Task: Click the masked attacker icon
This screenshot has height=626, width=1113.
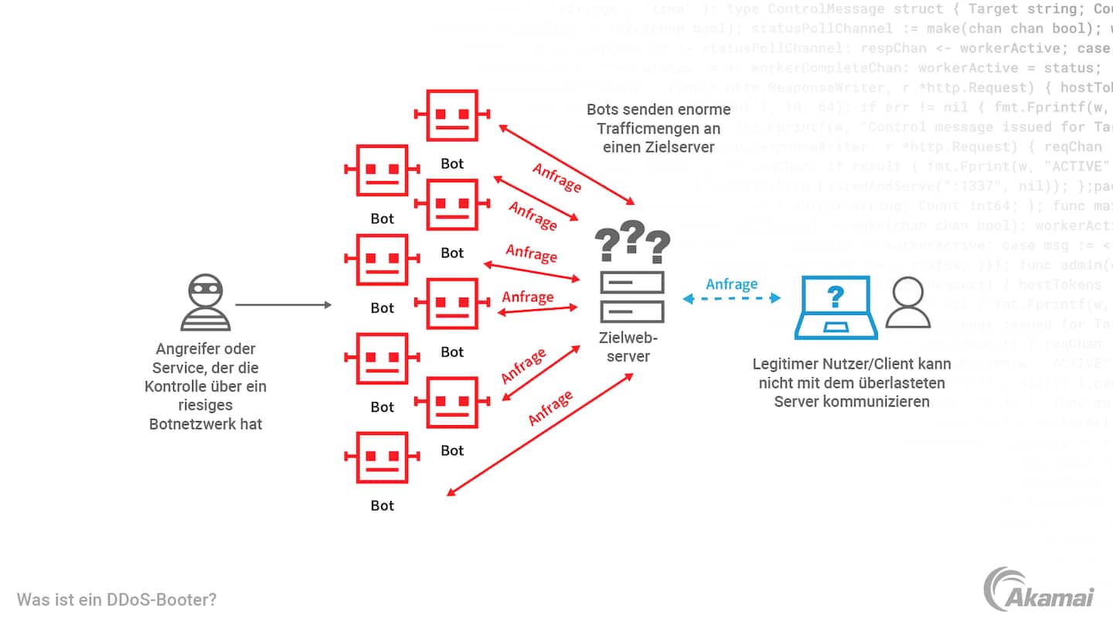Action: (205, 302)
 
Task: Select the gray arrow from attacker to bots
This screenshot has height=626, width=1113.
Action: (283, 305)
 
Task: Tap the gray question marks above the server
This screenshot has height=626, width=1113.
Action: (632, 242)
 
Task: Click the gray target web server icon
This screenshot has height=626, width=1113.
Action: (632, 297)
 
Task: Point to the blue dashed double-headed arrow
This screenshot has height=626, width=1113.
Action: (731, 298)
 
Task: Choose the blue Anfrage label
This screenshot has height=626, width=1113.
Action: (731, 284)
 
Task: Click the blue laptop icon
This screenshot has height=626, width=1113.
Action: (836, 308)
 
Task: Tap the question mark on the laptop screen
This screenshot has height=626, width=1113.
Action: (835, 296)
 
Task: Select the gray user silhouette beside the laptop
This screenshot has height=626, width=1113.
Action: (907, 303)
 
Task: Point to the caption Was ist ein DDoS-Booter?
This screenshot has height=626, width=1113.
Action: (117, 599)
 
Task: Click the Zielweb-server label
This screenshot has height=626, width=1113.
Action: (628, 346)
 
